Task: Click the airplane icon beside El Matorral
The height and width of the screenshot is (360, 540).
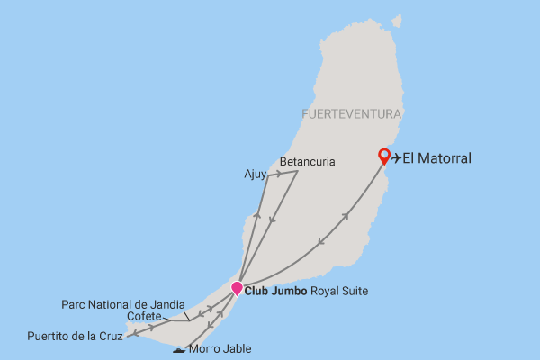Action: click(x=397, y=158)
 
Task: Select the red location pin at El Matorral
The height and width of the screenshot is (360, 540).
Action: click(x=384, y=157)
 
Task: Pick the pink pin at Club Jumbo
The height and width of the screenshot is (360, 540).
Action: click(x=237, y=289)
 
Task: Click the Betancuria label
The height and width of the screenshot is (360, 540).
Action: click(x=307, y=162)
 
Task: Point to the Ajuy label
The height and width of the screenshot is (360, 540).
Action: click(x=255, y=175)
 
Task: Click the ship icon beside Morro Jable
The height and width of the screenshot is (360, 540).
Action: click(x=180, y=349)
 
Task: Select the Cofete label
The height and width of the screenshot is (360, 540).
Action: click(x=144, y=317)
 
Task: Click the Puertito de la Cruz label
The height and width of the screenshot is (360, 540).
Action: click(x=73, y=337)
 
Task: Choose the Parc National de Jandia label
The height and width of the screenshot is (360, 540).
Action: click(x=123, y=304)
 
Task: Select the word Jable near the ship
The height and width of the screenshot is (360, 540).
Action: click(x=238, y=349)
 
